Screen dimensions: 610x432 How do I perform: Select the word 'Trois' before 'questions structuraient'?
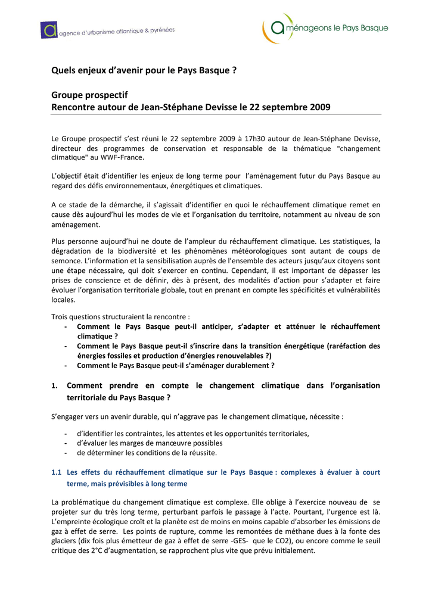[61, 317]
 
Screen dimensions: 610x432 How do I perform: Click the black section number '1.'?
[55, 386]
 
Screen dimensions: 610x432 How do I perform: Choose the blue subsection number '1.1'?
[57, 472]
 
